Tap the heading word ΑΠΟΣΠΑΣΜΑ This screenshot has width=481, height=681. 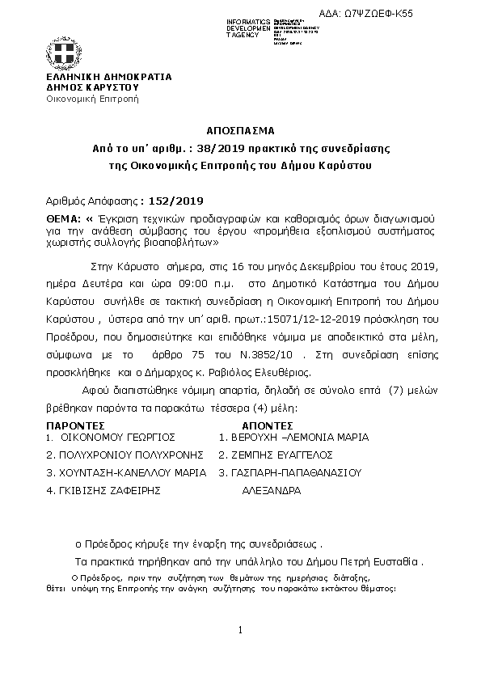coord(240,129)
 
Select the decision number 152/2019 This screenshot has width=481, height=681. coord(173,201)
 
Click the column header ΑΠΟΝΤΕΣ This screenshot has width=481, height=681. coord(267,424)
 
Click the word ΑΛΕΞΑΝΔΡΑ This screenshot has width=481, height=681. coord(272,490)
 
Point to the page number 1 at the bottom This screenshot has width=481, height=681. coord(241,630)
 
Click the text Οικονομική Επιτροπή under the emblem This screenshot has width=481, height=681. coord(92,99)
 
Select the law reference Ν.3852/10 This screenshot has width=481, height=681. coord(254,353)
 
